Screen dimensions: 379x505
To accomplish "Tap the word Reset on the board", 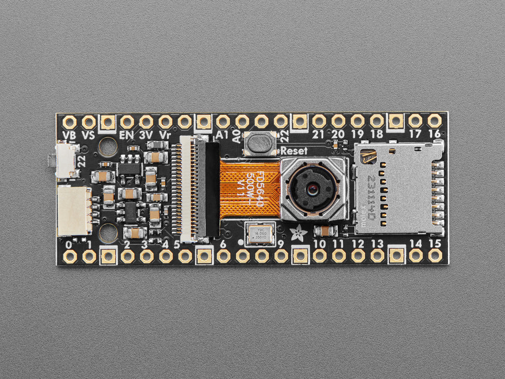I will [294, 151].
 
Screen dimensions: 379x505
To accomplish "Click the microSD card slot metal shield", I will [396, 187].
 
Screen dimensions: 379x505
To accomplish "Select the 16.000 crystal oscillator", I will [258, 233].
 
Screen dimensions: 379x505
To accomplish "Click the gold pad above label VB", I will [70, 122].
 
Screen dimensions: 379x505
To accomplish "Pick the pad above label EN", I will [127, 122].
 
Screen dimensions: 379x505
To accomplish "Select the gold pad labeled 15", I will [435, 256].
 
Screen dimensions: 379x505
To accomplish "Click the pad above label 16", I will [434, 121].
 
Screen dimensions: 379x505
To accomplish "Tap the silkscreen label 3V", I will [146, 134].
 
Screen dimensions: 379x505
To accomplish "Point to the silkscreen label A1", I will [222, 135].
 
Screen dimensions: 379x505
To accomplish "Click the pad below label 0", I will [70, 256].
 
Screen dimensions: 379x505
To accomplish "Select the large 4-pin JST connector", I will [74, 211].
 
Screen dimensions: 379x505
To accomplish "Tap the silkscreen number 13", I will [377, 244].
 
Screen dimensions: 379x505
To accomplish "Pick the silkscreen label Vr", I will [165, 134].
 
